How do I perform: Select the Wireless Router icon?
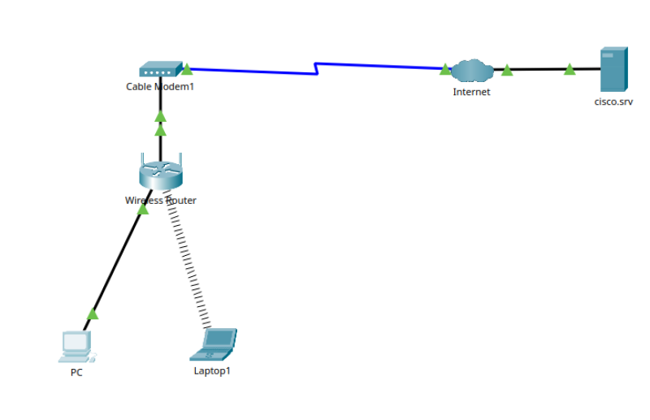pyautogui.click(x=160, y=173)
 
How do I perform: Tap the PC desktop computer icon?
pyautogui.click(x=76, y=346)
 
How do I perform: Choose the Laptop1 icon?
pyautogui.click(x=214, y=344)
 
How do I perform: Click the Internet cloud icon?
pyautogui.click(x=472, y=71)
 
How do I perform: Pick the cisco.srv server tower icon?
pyautogui.click(x=613, y=70)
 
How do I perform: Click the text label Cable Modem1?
pyautogui.click(x=160, y=86)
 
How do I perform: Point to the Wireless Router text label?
pyautogui.click(x=160, y=201)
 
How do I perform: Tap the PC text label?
pyautogui.click(x=76, y=373)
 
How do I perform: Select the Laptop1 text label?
pyautogui.click(x=212, y=371)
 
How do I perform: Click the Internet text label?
pyautogui.click(x=471, y=92)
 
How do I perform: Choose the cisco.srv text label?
pyautogui.click(x=613, y=102)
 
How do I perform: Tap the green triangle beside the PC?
pyautogui.click(x=93, y=314)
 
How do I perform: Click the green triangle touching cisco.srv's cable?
pyautogui.click(x=570, y=69)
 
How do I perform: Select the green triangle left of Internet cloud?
pyautogui.click(x=445, y=70)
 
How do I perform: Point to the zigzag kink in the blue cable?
pyautogui.click(x=316, y=68)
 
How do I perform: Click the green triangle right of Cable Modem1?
pyautogui.click(x=186, y=69)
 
